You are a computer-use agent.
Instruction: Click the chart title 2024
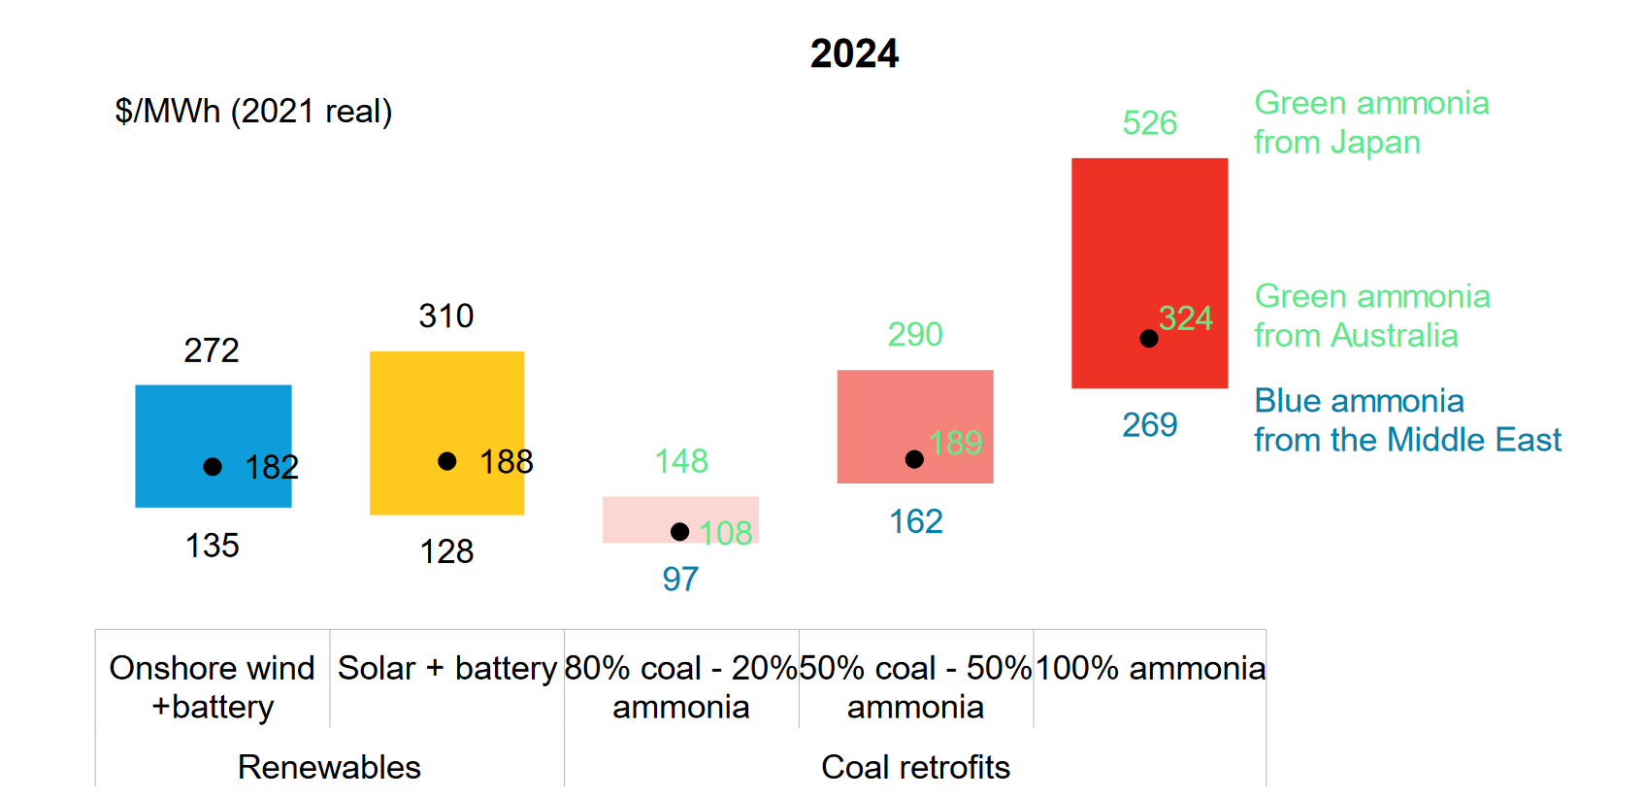854,53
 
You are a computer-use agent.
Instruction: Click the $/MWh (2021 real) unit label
253,112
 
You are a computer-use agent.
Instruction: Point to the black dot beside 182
213,467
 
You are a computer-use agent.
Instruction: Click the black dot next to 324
1149,339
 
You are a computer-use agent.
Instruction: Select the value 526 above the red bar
1149,123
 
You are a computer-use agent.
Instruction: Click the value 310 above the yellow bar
446,316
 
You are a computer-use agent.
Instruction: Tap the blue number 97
680,580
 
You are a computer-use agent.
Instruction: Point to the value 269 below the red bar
1149,425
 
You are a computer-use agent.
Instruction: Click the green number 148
681,461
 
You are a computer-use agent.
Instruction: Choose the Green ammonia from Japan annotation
1370,122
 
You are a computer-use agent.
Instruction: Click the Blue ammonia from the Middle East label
1407,420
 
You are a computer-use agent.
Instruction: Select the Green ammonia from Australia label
1371,316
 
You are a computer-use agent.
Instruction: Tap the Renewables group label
329,767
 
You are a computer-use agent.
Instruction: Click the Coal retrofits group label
915,767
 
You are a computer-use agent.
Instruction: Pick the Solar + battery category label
446,668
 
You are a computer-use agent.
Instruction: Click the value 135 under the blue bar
213,546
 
